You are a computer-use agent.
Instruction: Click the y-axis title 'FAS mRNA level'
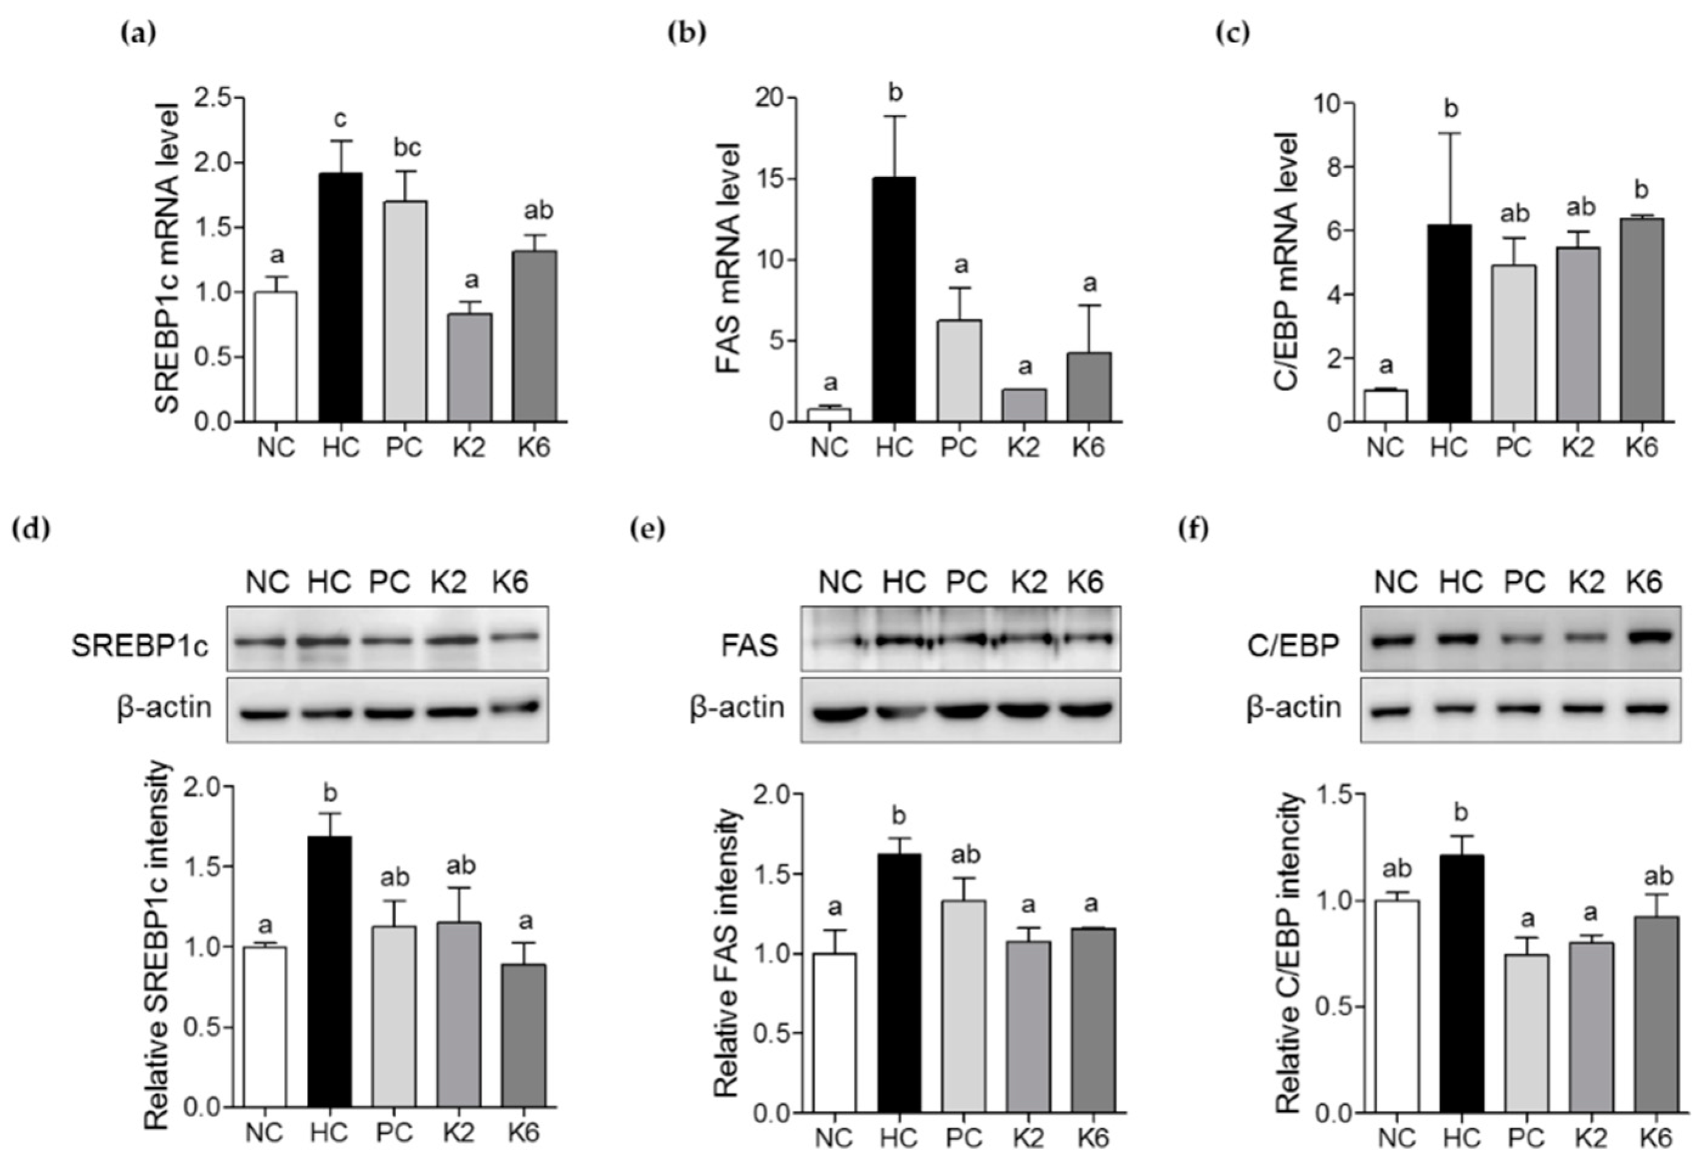coord(727,257)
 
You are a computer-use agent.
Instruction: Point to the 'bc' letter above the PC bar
coord(407,148)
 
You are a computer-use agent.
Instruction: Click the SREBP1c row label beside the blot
coord(140,645)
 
